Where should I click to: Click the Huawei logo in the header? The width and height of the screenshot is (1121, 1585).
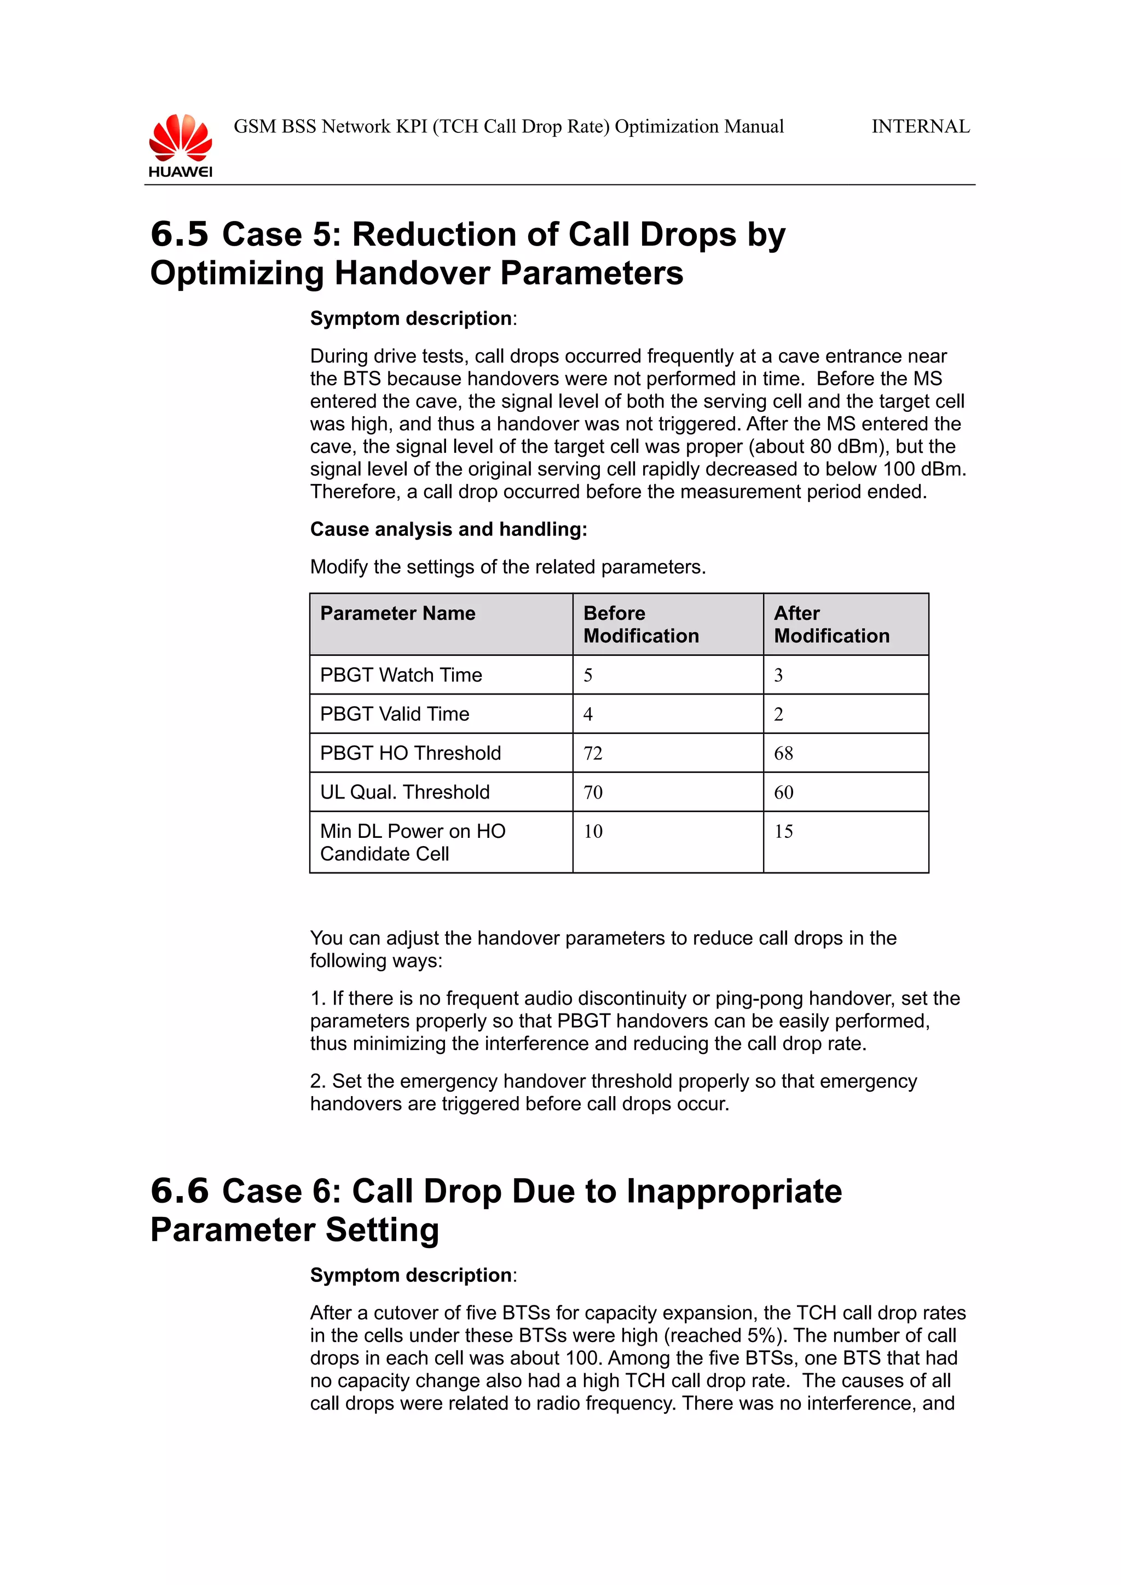point(180,145)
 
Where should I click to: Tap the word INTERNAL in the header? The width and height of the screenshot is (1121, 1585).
point(920,127)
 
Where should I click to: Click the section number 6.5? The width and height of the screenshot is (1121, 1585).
point(179,234)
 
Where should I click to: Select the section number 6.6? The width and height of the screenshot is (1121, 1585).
point(179,1191)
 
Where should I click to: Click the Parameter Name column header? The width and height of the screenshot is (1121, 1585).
point(398,614)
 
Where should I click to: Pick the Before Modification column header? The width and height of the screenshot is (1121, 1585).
point(641,625)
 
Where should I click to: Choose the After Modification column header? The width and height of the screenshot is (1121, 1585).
point(831,625)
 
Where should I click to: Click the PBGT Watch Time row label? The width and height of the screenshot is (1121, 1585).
point(401,675)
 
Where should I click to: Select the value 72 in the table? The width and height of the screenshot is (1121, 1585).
point(593,753)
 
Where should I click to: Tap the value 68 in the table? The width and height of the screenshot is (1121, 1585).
point(783,753)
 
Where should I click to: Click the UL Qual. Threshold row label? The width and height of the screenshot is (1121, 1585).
point(405,792)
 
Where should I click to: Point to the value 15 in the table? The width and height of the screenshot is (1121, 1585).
point(783,832)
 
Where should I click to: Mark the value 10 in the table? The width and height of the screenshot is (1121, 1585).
point(593,832)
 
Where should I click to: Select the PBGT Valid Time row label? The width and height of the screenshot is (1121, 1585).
point(395,714)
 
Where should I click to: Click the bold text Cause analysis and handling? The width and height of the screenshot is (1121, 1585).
point(448,529)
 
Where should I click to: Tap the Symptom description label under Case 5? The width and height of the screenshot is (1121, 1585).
point(412,319)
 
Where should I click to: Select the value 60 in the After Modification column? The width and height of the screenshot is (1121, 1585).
point(783,792)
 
